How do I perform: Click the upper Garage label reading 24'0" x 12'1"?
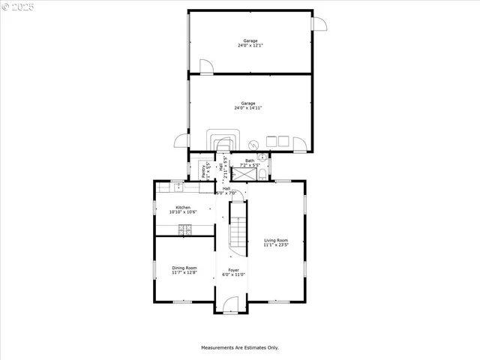(x=250, y=43)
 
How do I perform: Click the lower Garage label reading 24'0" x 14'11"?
(x=248, y=106)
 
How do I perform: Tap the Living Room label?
(x=275, y=242)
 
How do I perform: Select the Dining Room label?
(x=184, y=270)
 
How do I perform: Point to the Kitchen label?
(x=183, y=210)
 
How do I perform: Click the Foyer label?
(x=233, y=272)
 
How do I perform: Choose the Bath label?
(x=249, y=163)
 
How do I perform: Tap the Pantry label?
(x=205, y=170)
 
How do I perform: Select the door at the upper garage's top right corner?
(x=320, y=23)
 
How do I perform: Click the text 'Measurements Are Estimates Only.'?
(x=239, y=347)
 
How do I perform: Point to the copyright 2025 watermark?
(x=19, y=7)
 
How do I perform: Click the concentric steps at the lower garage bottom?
(x=223, y=140)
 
